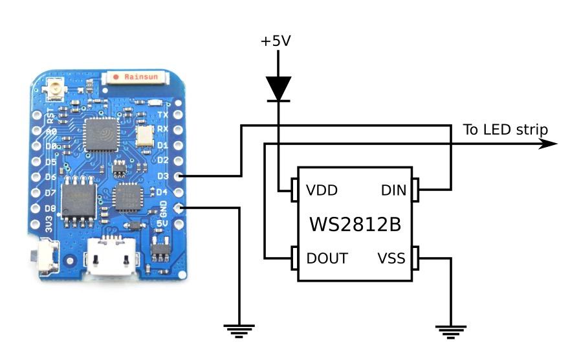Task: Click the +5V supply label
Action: coord(276,41)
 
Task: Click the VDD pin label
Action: coord(322,190)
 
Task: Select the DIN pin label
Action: coord(393,190)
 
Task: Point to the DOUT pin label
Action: coord(327,258)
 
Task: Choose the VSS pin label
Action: coord(391,259)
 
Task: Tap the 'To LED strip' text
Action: coord(505,129)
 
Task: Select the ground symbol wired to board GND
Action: coord(239,331)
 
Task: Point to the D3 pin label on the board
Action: coord(162,175)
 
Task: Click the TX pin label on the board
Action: coord(162,115)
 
